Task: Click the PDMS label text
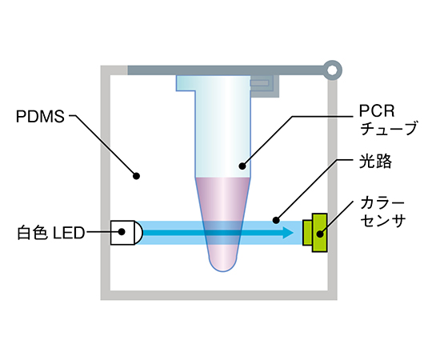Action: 40,117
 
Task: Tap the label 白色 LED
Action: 51,233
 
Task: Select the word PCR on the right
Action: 377,111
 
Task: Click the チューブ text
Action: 389,128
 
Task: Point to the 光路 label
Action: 375,161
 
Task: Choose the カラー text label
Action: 382,203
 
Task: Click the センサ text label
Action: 382,220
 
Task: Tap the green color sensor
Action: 315,233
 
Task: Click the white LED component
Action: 126,233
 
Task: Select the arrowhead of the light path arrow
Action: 288,233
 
